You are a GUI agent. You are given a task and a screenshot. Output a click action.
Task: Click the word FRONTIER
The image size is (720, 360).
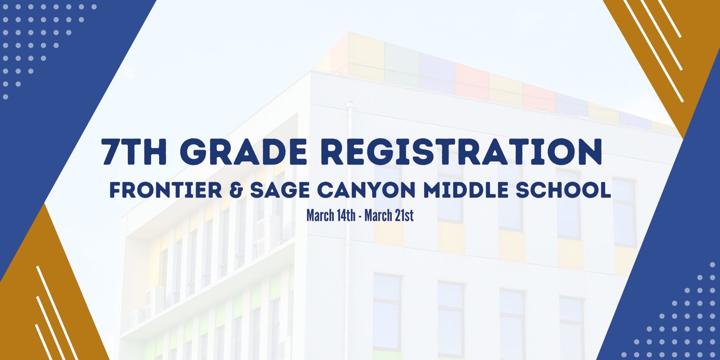(x=166, y=190)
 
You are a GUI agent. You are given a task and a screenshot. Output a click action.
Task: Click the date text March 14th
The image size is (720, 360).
(x=331, y=216)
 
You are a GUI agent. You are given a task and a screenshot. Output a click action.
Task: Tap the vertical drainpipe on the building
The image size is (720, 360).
(x=349, y=229)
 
